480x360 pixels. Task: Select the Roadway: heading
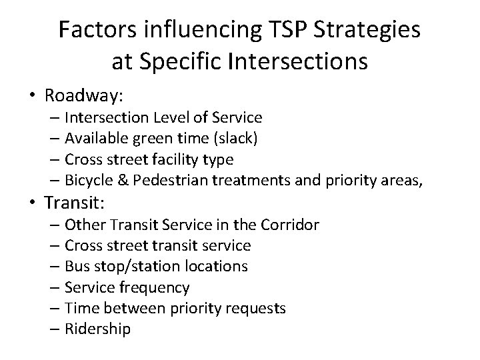click(x=84, y=95)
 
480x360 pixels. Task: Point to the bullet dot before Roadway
click(x=33, y=95)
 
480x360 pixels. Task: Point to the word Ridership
click(x=99, y=329)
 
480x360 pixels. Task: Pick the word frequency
click(x=157, y=287)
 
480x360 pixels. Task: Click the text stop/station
click(x=142, y=267)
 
